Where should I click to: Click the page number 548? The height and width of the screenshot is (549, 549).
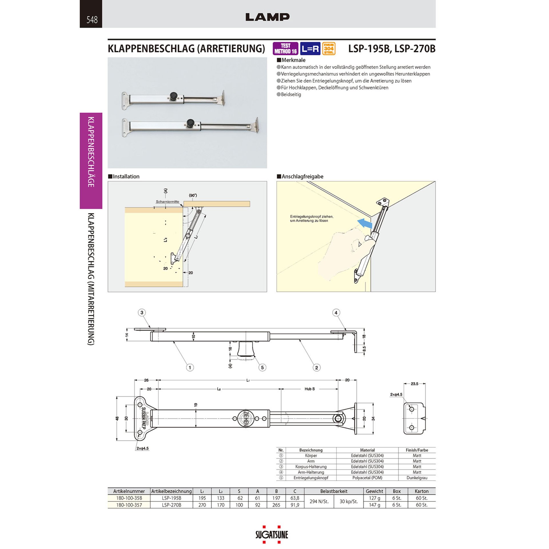[92, 19]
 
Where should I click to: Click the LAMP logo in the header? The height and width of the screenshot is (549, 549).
[267, 17]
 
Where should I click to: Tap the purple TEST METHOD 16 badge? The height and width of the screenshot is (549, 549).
[285, 49]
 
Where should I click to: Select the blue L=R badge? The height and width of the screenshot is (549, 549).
[310, 49]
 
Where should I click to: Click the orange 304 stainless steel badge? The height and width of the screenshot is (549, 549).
[329, 49]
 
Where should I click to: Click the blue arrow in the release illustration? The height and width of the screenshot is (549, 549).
[365, 223]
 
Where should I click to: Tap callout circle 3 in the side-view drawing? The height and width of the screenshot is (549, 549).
[142, 313]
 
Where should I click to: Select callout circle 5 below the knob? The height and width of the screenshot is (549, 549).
[262, 367]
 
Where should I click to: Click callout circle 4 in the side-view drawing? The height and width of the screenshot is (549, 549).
[336, 313]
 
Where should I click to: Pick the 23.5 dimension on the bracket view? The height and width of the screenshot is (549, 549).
[414, 384]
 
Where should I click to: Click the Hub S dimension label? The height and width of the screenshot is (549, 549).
[310, 389]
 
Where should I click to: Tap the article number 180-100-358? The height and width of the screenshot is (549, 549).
[129, 498]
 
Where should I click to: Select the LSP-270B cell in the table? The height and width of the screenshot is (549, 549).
[172, 505]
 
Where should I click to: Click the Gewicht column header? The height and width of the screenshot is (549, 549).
[374, 491]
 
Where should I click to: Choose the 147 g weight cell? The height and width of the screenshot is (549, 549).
[374, 505]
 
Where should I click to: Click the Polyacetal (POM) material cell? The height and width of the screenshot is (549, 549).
[367, 478]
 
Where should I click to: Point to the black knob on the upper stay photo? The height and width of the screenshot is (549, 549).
[173, 96]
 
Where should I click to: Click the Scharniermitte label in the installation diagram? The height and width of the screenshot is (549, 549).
[168, 202]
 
